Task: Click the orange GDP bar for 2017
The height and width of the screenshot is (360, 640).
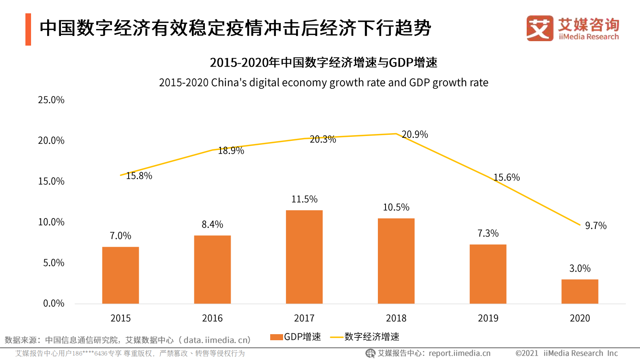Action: [x=304, y=257]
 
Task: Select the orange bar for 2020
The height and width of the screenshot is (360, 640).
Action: [x=580, y=291]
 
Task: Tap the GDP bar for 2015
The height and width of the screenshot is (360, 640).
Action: [x=121, y=275]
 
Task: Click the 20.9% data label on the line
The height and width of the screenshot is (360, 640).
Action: [x=415, y=134]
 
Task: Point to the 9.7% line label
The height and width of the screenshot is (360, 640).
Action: [x=596, y=226]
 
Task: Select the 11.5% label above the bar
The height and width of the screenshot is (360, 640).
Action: [x=304, y=199]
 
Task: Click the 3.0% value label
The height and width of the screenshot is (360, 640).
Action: [x=580, y=268]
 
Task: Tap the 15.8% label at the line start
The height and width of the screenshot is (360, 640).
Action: [x=139, y=176]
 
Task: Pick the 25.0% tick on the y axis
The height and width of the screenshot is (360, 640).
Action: [x=51, y=100]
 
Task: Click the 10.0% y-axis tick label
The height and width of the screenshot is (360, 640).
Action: [x=51, y=222]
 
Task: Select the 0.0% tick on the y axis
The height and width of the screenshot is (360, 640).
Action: [x=54, y=303]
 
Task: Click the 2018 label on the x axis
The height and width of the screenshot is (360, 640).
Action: [x=396, y=318]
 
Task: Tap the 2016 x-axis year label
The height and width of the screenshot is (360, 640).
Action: [x=212, y=318]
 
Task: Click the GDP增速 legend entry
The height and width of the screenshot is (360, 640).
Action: [x=296, y=337]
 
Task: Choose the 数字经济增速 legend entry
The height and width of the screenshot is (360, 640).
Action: [x=365, y=337]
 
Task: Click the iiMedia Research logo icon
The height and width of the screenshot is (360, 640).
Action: [x=540, y=28]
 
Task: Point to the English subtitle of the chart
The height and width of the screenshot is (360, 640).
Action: [x=323, y=83]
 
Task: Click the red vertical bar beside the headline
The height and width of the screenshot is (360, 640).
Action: [x=28, y=29]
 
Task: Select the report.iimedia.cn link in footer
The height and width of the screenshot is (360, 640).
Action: [x=459, y=354]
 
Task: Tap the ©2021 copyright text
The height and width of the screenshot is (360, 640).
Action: [x=527, y=354]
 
